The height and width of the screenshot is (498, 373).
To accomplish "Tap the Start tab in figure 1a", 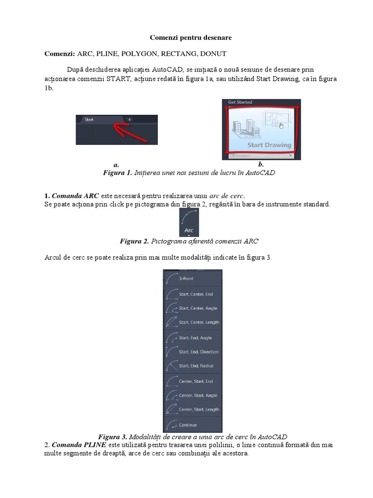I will [x=89, y=119].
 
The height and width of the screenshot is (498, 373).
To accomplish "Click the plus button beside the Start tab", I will [x=129, y=119].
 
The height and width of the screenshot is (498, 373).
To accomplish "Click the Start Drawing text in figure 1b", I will [x=269, y=144].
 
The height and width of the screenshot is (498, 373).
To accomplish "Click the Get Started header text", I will [x=240, y=102].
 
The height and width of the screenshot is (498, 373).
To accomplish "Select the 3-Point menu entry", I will [x=186, y=279].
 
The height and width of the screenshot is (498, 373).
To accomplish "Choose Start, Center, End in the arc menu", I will [x=195, y=294].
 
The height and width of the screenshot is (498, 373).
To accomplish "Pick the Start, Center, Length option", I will [x=198, y=322].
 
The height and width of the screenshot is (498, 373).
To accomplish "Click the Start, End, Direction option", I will [x=198, y=352].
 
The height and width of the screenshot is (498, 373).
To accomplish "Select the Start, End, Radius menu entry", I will [x=196, y=366].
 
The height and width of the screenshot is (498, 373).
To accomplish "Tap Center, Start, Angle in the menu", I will [x=197, y=395].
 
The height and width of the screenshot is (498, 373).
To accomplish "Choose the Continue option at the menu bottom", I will [x=187, y=425].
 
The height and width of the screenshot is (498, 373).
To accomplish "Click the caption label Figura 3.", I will [x=113, y=437].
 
